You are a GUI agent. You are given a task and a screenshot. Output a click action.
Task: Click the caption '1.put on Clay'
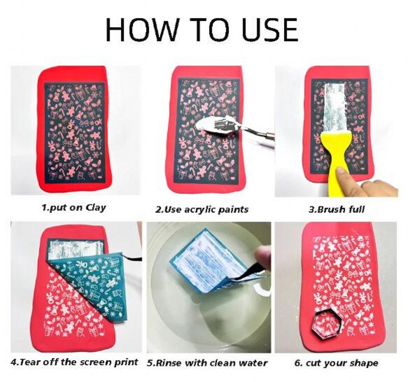coord(74,207)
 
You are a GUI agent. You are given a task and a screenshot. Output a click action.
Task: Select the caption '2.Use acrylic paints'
coord(202,210)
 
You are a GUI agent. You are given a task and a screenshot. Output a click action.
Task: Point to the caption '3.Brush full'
coord(336,209)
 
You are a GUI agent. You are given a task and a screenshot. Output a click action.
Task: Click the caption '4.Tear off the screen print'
coord(74,362)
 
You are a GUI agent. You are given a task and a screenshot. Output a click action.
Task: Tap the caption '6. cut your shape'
coord(336,362)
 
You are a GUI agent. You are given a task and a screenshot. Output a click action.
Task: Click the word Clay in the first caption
coord(96,207)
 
